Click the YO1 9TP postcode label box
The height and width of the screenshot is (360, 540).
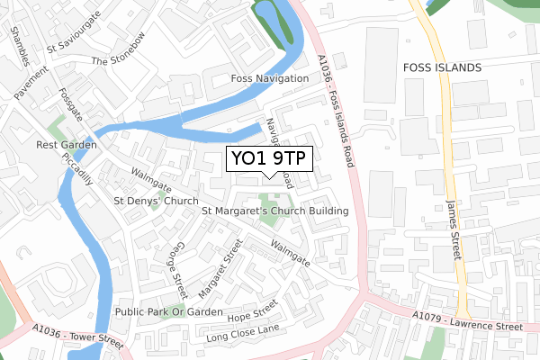click(269, 159)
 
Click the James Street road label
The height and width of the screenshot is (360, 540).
click(453, 229)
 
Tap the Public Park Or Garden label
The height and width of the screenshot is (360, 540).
click(168, 311)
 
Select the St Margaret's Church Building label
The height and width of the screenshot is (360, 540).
click(275, 211)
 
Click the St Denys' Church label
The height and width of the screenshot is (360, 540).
click(156, 201)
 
